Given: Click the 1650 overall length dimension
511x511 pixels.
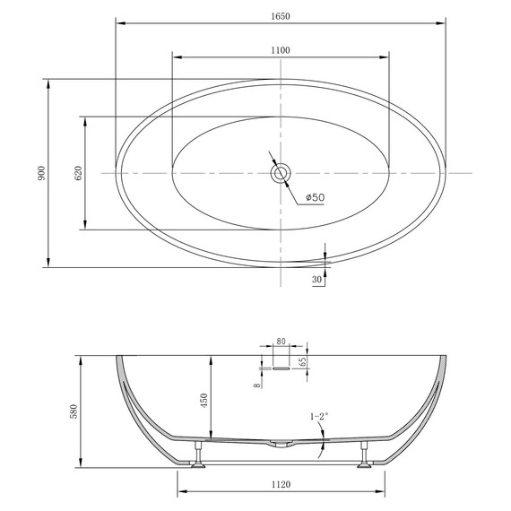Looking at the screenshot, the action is click(281, 16).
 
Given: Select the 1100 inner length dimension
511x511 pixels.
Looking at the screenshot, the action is click(281, 50).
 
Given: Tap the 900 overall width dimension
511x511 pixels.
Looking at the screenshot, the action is click(42, 173).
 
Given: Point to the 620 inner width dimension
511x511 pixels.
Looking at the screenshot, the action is click(79, 173).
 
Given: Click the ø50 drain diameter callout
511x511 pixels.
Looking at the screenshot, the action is click(316, 197).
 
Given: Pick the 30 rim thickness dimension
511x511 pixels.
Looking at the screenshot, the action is click(316, 280).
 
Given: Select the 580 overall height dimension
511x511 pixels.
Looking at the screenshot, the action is click(74, 411).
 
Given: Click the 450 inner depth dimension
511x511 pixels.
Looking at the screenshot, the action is click(204, 401).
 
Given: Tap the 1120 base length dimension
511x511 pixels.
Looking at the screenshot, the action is click(281, 485).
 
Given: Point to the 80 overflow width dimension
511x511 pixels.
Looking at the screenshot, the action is click(281, 342).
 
